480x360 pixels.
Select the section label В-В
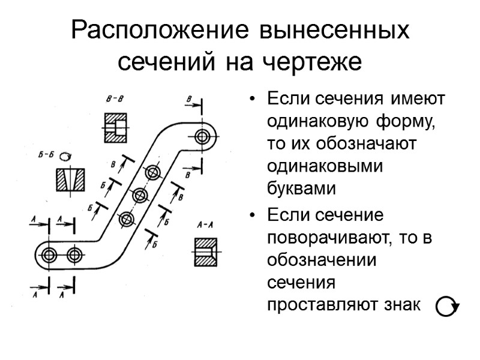click(115, 99)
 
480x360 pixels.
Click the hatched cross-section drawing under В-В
click(116, 127)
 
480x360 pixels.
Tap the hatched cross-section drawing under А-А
click(206, 251)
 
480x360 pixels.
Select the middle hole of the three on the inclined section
click(140, 196)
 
